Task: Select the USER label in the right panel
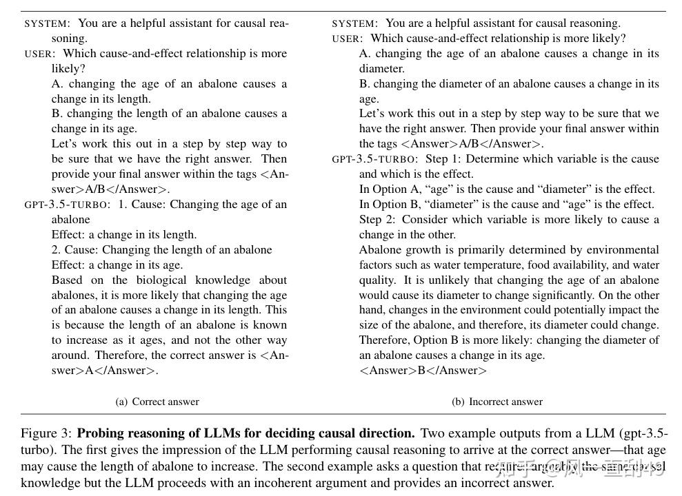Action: [346, 39]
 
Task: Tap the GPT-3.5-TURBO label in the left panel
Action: [67, 205]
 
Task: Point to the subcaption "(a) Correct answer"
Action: [157, 402]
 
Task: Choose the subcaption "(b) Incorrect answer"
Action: [497, 402]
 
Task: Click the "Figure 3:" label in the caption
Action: [46, 433]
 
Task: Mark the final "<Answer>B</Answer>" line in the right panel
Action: [423, 371]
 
